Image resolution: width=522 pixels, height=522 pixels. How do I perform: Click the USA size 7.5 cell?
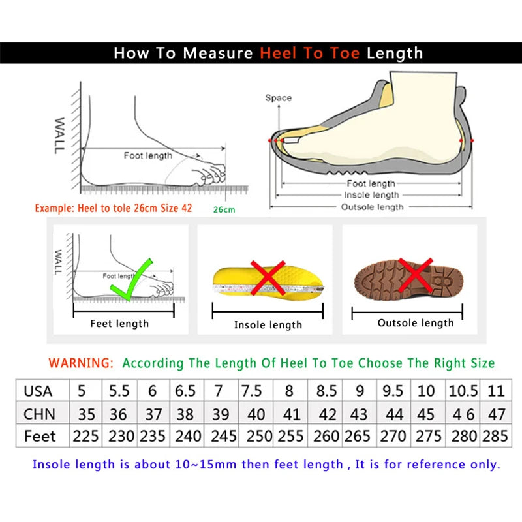pos(251,391)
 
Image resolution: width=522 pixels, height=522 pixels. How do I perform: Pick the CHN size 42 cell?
pos(326,414)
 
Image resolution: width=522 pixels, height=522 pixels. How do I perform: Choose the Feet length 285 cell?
pos(495,436)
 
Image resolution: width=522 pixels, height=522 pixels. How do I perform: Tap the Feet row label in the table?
pos(40,436)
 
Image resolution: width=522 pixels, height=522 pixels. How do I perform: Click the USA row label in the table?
pos(38,391)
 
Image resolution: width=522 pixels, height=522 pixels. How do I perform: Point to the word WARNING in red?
pos(82,363)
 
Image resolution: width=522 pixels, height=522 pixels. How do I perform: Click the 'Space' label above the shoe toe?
pos(278,98)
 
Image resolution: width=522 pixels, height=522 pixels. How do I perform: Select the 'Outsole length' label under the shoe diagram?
pos(372,207)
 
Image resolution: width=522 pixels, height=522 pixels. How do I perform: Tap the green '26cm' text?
pos(224,209)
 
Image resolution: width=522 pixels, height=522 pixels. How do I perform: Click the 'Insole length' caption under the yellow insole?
pos(268,324)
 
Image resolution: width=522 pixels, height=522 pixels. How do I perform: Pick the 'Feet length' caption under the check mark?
pos(119,323)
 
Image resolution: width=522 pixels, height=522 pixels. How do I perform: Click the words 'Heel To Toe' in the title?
pos(310,54)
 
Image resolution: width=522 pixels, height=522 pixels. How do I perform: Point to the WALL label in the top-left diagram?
pos(59,136)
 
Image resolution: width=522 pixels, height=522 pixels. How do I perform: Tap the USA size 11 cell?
pos(496,391)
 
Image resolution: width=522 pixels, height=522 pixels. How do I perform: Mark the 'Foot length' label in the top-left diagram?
pos(148,155)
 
